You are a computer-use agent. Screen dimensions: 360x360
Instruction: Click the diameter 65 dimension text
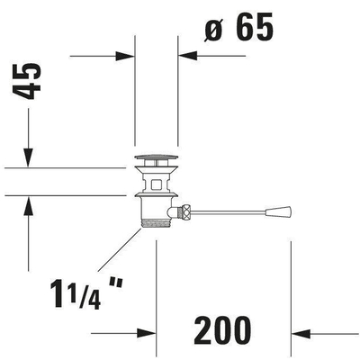239,27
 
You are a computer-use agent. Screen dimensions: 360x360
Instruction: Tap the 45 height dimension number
27,81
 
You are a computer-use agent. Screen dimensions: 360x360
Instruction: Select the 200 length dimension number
222,330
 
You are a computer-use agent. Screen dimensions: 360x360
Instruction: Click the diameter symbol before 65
213,30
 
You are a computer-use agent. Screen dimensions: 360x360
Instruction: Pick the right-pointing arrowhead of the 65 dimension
125,56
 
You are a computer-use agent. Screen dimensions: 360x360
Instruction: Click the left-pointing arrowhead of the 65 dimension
188,56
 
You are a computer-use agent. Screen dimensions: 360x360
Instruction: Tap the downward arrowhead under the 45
28,157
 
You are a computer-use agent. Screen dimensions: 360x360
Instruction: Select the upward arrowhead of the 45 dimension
28,206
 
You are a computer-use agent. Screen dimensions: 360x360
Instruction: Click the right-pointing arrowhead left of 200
147,333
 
